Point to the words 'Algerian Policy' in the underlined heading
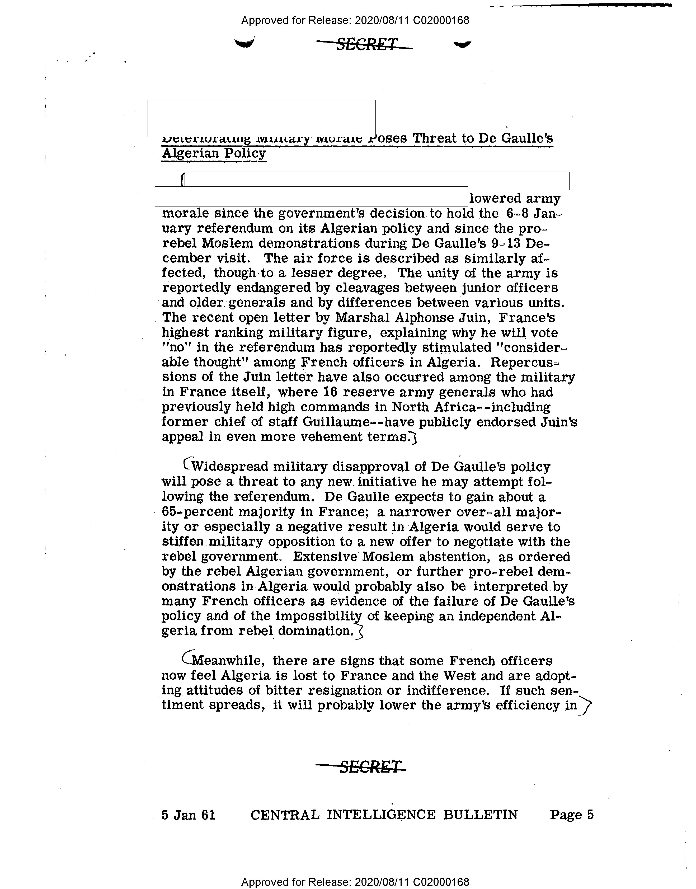[x=214, y=154]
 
